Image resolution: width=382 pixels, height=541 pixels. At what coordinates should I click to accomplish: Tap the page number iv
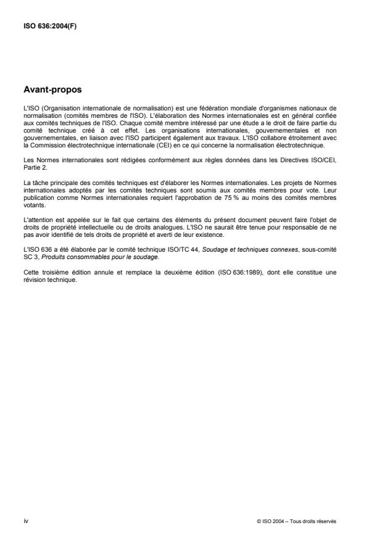26,521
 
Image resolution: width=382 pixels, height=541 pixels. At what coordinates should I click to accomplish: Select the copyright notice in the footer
296,521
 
